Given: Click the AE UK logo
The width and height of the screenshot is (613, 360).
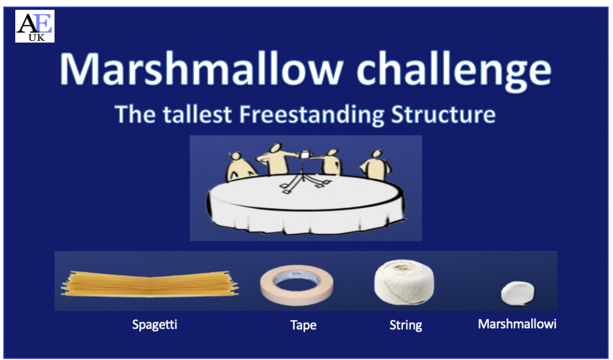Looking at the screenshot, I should [x=35, y=26].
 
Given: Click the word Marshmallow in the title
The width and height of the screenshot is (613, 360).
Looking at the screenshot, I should [x=196, y=69].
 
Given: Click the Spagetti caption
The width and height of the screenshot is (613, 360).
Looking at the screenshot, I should [x=154, y=325].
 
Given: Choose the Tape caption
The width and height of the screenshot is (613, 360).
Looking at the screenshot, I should [x=303, y=325].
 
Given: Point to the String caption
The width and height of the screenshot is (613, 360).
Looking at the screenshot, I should [x=405, y=325].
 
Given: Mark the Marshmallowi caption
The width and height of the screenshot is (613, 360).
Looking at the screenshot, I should [x=517, y=324].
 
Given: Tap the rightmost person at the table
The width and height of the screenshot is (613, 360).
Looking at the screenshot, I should [x=373, y=164].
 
